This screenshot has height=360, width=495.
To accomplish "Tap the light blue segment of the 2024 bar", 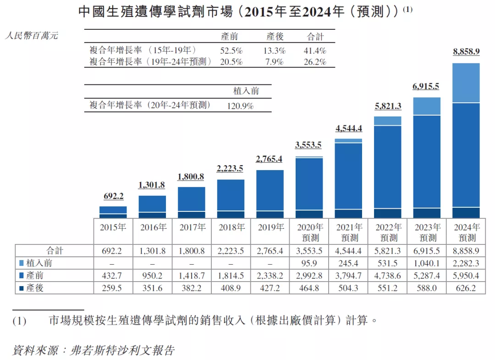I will [x=466, y=83].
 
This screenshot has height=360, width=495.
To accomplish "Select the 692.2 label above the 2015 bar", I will [x=113, y=196].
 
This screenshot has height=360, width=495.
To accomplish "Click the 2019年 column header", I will [x=270, y=227].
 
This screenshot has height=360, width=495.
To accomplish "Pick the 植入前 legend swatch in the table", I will [x=22, y=263].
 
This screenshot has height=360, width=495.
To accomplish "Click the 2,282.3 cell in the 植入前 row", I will [x=467, y=263].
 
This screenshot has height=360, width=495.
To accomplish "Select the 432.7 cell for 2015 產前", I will [x=113, y=276].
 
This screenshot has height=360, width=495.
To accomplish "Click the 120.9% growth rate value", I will [x=240, y=105].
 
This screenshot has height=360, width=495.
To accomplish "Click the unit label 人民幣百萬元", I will [x=31, y=36].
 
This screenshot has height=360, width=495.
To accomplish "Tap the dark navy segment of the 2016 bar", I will [x=152, y=215].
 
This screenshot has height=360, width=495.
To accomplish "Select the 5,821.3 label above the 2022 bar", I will [x=388, y=106].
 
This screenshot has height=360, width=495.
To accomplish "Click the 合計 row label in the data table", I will [x=54, y=250].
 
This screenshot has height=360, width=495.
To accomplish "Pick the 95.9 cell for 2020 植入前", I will [x=310, y=263].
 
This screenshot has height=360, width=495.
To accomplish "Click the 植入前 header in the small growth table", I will [x=246, y=91].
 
